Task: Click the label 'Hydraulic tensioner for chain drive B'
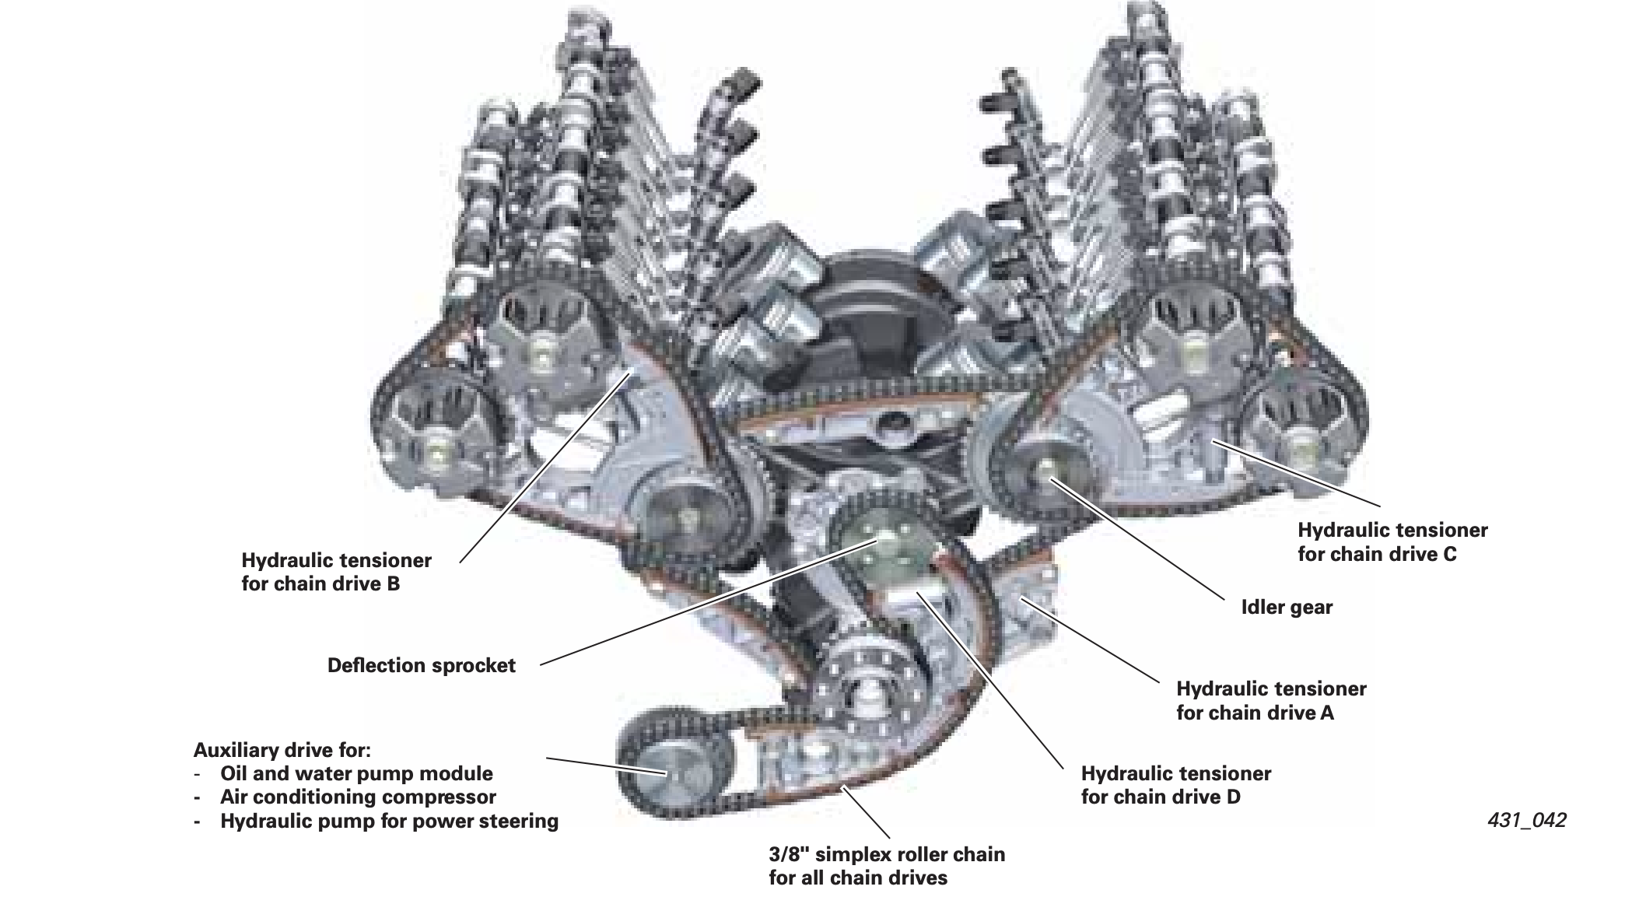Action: pos(336,572)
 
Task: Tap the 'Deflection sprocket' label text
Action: pos(421,665)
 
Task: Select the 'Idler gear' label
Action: pos(1287,607)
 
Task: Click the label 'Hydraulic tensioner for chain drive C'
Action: pos(1392,542)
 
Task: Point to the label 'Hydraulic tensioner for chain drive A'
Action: pos(1271,700)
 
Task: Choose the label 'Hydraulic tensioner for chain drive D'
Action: pos(1176,785)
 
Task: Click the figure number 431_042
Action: pos(1526,820)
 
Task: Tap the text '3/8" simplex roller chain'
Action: pos(887,854)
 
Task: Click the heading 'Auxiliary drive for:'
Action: pos(282,750)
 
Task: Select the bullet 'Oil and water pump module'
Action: pos(356,773)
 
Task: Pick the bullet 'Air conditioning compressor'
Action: pos(358,797)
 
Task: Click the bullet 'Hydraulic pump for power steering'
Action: pos(389,821)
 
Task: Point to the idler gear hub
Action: pos(1046,471)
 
